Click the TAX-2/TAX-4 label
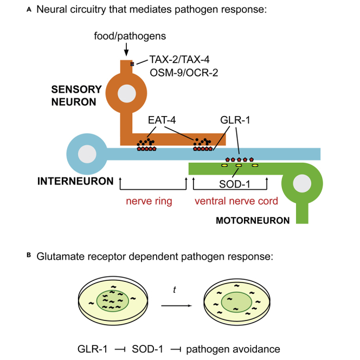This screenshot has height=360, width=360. (x=179, y=60)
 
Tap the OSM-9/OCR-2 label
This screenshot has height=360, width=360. (x=184, y=73)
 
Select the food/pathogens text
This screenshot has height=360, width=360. (x=130, y=36)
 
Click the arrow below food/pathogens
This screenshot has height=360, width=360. (x=126, y=49)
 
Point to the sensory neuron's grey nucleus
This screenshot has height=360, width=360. (x=127, y=93)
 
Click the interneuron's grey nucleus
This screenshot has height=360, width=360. (x=87, y=154)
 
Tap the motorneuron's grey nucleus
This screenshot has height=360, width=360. (x=302, y=183)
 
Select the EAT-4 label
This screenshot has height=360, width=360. (x=162, y=120)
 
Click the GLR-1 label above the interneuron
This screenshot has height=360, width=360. (x=235, y=120)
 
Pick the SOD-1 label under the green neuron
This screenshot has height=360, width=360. (x=235, y=184)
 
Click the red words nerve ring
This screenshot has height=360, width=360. (x=149, y=201)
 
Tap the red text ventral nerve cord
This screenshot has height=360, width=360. (x=236, y=201)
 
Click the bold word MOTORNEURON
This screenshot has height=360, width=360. (x=253, y=221)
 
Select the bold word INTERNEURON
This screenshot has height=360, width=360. (x=75, y=181)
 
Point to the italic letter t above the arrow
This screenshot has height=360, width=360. (x=175, y=290)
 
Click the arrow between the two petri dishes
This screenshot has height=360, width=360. (x=177, y=306)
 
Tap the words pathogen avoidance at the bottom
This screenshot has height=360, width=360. (x=233, y=349)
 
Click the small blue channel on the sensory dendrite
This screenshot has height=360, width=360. (x=132, y=64)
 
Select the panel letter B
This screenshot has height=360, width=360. (x=29, y=255)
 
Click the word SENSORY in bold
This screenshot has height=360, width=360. (x=76, y=89)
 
